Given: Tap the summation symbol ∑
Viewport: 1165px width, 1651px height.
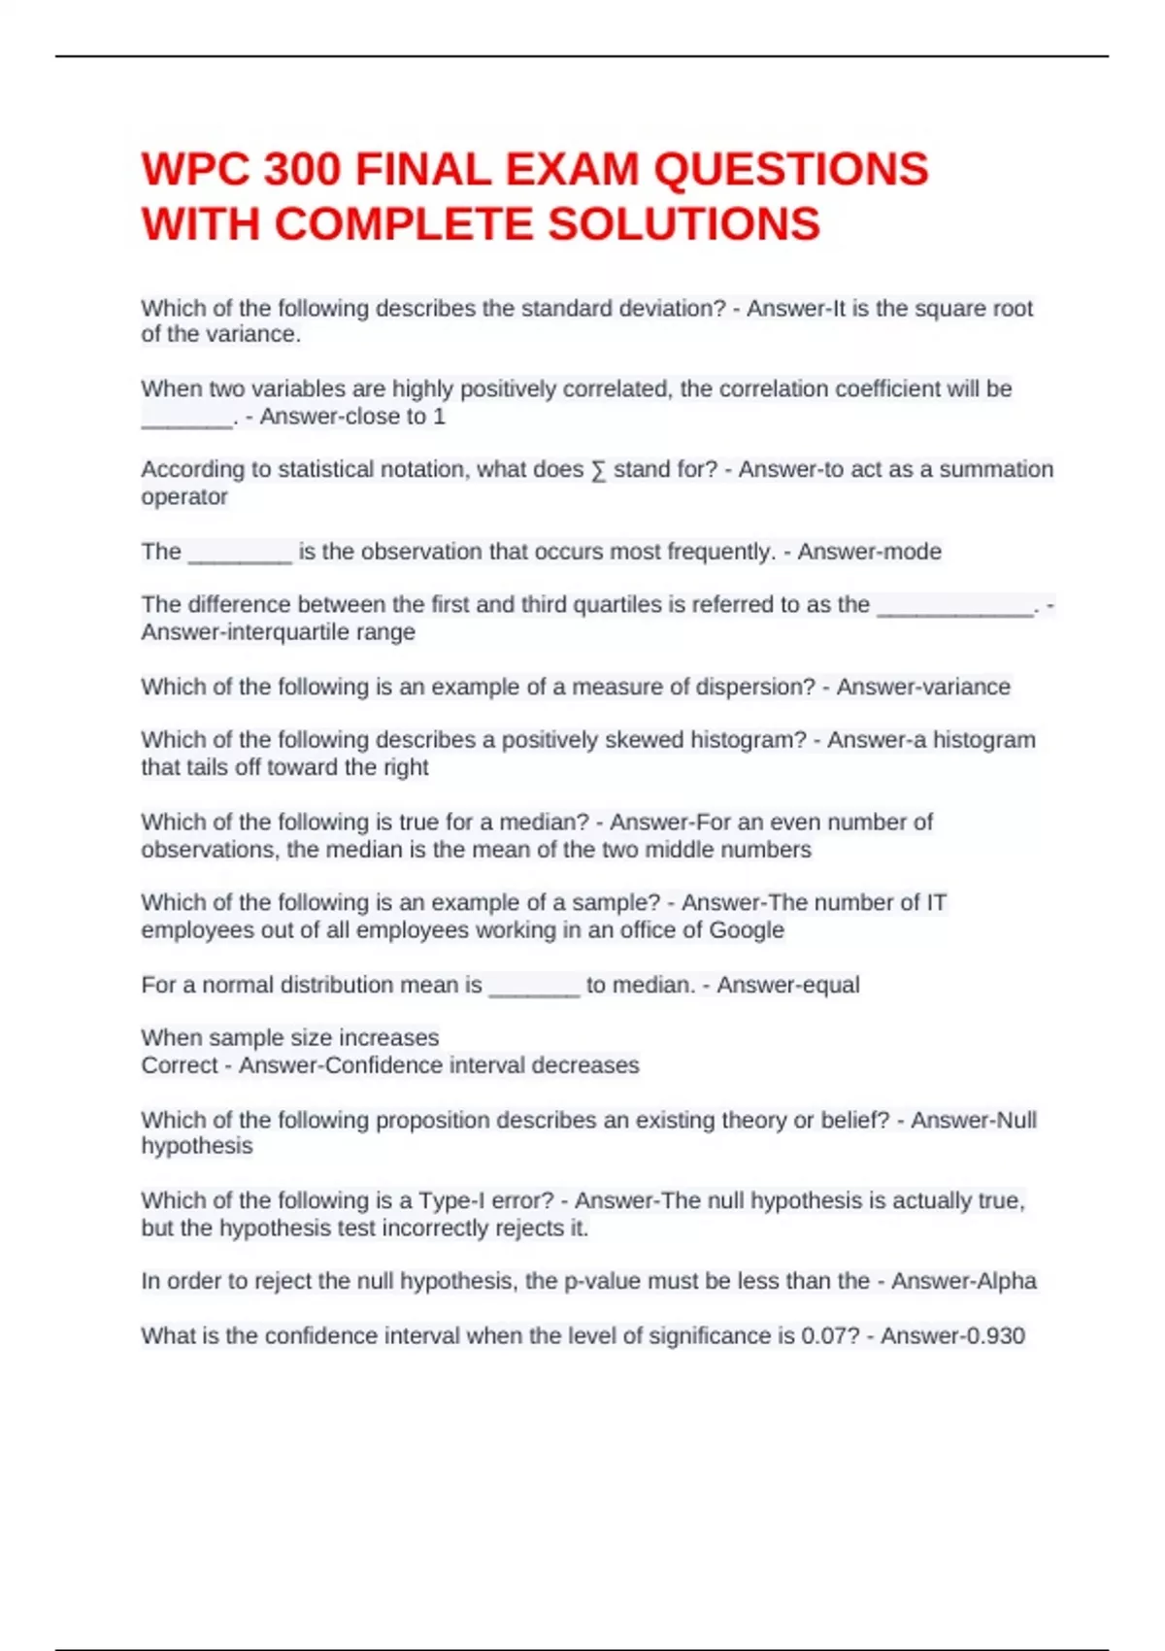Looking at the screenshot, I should pos(598,470).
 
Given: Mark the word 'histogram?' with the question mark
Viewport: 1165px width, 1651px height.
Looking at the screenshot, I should pos(748,740).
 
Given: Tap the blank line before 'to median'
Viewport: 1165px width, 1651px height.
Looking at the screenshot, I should pos(534,989).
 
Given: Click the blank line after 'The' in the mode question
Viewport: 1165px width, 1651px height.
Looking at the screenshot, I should pos(240,556).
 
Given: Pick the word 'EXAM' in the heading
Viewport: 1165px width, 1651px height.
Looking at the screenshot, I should pos(573,170).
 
